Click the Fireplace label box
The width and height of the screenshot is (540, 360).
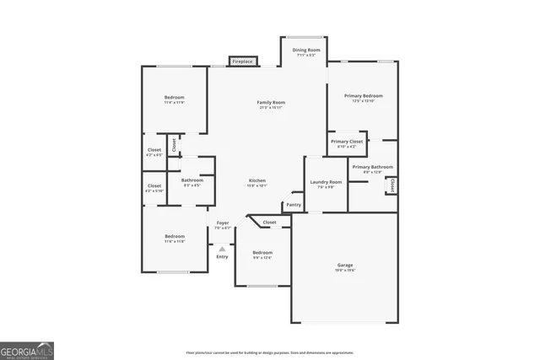[x=244, y=62]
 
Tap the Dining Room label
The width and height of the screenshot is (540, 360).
[x=306, y=51]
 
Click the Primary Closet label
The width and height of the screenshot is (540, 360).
[x=346, y=141]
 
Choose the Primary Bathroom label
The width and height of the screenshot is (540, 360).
[x=372, y=167]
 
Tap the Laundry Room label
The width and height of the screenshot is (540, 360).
[x=326, y=182]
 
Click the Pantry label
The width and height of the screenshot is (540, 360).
[x=294, y=205]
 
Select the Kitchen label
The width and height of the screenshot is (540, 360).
[x=257, y=181]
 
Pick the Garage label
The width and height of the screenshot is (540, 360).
[x=344, y=265]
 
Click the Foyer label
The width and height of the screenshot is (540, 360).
[x=222, y=223]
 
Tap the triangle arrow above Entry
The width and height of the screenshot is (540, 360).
[x=222, y=249]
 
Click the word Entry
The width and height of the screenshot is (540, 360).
[x=222, y=256]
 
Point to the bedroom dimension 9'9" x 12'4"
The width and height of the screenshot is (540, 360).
[x=262, y=258]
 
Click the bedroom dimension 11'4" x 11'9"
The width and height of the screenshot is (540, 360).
[x=175, y=102]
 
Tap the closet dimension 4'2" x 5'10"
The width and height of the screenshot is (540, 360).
[x=154, y=191]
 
